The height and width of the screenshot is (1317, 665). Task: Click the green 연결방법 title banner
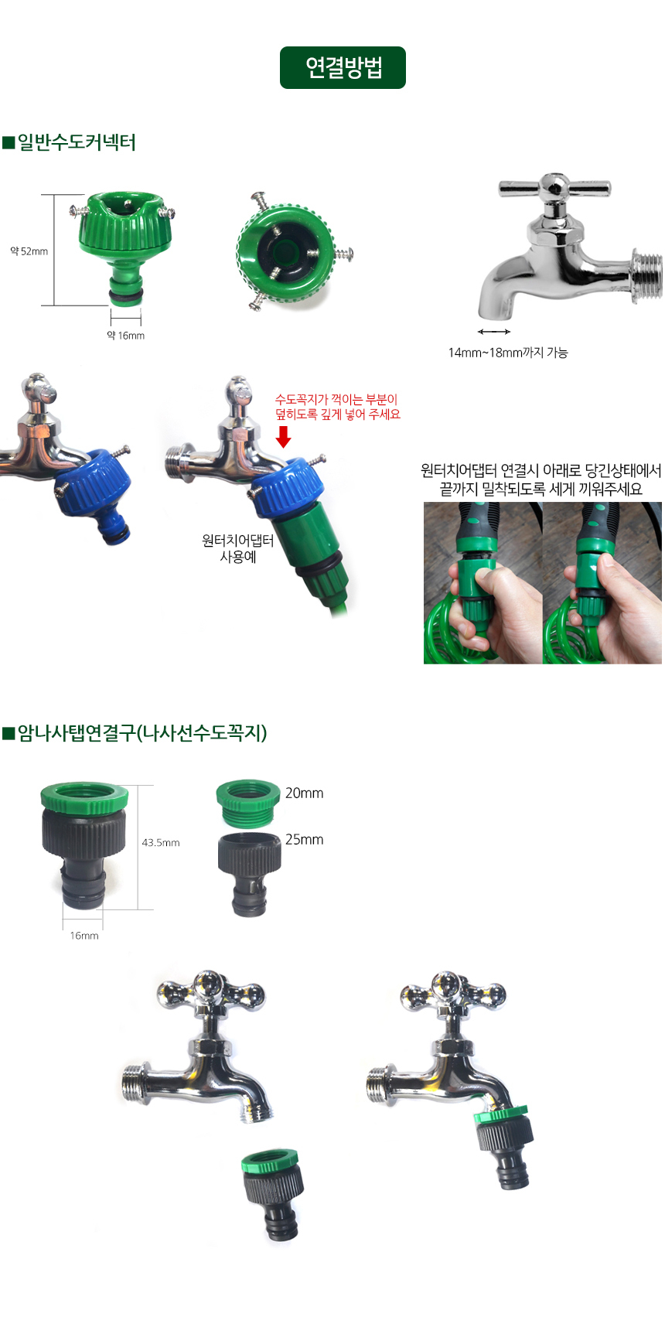tap(343, 67)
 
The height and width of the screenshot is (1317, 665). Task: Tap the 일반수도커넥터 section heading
tap(70, 142)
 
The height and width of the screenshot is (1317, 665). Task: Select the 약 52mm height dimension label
tap(29, 251)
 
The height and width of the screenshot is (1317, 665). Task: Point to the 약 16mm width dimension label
tap(125, 335)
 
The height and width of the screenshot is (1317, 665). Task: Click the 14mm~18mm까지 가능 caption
tap(508, 352)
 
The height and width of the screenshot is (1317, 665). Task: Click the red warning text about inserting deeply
tap(337, 407)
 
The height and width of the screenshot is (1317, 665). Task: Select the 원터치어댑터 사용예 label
tap(237, 548)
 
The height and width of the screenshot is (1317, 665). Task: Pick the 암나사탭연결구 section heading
tap(135, 733)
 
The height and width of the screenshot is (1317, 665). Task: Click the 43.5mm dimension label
tap(161, 842)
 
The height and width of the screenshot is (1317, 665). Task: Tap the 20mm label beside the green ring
tap(304, 793)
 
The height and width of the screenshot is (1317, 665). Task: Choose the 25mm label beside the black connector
tap(304, 840)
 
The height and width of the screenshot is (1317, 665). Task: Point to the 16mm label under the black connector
tap(84, 936)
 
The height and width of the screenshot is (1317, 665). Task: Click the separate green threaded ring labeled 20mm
tap(248, 804)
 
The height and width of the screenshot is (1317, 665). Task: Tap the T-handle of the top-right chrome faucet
tap(554, 187)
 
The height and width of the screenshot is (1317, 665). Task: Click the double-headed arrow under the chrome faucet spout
tap(494, 332)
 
